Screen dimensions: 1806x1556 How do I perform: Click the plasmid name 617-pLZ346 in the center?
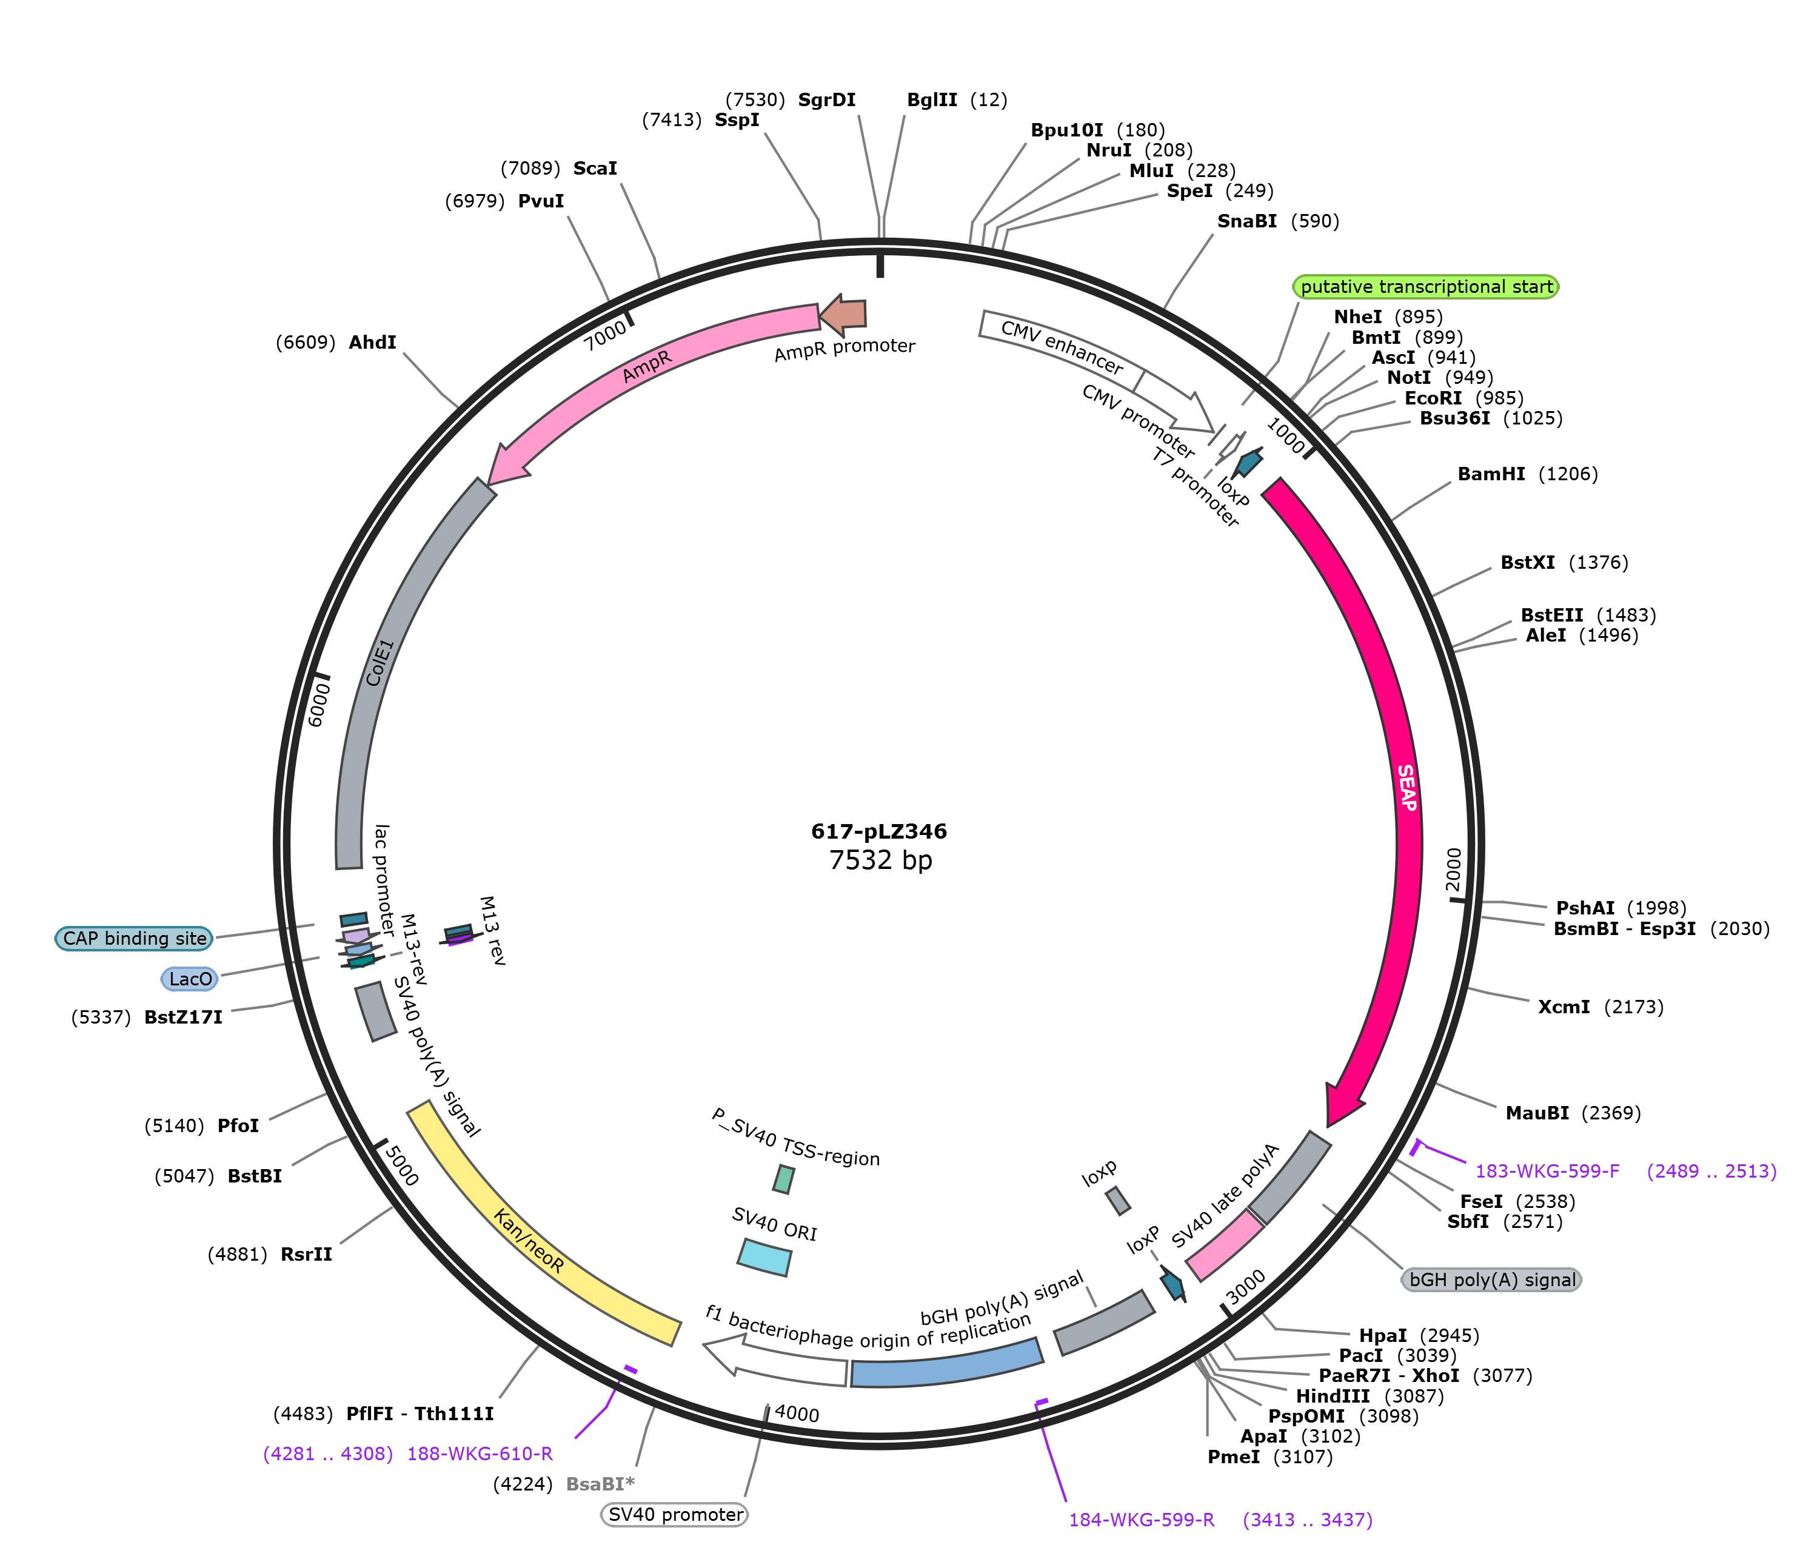(878, 831)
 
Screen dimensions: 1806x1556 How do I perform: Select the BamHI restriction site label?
(1491, 474)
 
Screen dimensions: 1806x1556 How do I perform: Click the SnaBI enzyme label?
(1246, 221)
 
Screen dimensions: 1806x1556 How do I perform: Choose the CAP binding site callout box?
(134, 938)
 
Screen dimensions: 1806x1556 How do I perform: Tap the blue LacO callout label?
(190, 979)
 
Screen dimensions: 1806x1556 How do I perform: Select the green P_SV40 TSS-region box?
(784, 1179)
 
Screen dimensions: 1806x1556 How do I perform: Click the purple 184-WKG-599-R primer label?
(1142, 1520)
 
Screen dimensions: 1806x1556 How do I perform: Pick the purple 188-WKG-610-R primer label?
(480, 1453)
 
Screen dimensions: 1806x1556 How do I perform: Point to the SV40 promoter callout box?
(675, 1514)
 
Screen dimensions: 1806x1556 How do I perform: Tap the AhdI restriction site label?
(372, 343)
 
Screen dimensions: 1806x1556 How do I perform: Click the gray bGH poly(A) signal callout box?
(1492, 1279)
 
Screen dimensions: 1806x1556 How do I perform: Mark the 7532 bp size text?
(880, 860)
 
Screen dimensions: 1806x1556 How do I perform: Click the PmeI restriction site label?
(1233, 1457)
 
